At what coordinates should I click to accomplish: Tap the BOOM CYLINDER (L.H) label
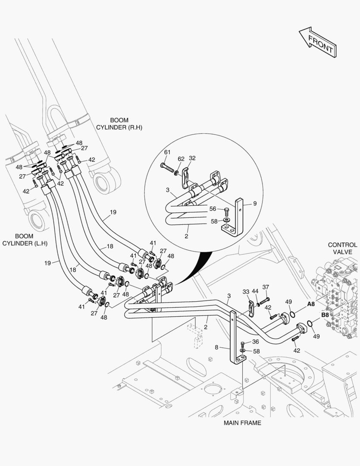[x=25, y=240]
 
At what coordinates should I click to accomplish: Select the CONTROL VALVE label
[x=342, y=248]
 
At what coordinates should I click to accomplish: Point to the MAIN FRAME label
[x=242, y=423]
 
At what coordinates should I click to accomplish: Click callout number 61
[x=167, y=152]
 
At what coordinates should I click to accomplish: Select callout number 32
[x=192, y=158]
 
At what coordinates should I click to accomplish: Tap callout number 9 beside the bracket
[x=254, y=203]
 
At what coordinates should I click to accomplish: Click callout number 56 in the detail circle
[x=213, y=209]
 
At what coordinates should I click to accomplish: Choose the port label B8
[x=326, y=315]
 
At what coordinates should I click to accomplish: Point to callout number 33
[x=246, y=292]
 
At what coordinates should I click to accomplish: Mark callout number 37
[x=266, y=287]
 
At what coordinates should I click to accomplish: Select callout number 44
[x=255, y=292]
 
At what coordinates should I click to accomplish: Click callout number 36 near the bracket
[x=255, y=342]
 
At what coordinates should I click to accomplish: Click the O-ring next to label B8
[x=310, y=324]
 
